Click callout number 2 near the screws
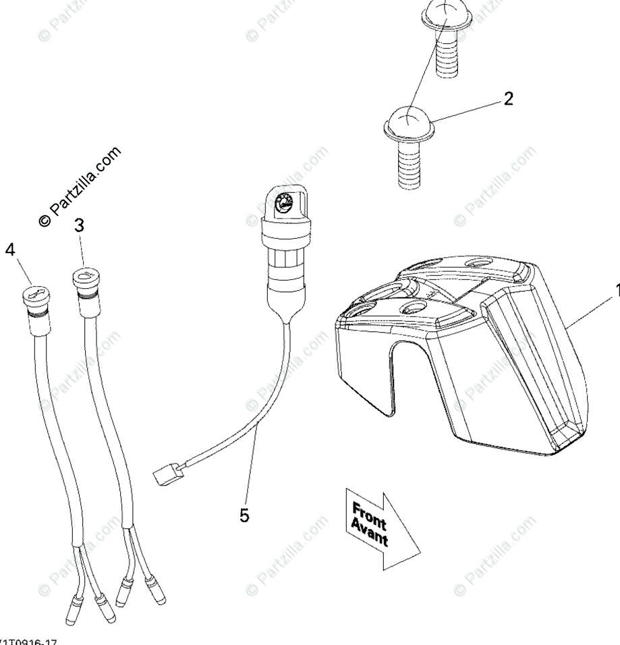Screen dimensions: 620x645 [508, 99]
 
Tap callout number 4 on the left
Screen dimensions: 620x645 [9, 250]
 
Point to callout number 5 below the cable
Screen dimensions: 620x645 [244, 515]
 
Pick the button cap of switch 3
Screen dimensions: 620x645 [86, 276]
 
